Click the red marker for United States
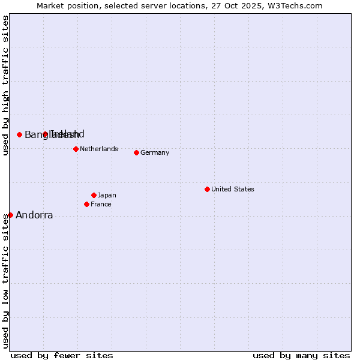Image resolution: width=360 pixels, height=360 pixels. click(207, 189)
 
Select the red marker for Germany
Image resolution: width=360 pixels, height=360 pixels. click(136, 152)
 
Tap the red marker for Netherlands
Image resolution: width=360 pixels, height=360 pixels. click(76, 149)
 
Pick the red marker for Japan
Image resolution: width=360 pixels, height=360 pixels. click(94, 195)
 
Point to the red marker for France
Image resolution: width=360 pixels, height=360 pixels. click(86, 204)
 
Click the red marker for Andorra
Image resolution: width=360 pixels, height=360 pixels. click(10, 215)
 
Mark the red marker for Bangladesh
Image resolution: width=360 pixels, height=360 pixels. click(19, 134)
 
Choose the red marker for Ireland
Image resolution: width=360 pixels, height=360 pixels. click(45, 134)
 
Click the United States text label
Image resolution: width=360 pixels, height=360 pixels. click(232, 189)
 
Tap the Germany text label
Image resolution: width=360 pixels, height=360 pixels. click(155, 152)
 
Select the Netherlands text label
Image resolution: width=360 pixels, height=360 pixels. click(98, 149)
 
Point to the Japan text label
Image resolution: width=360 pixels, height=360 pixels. click(107, 195)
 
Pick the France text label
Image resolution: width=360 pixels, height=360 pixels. click(101, 204)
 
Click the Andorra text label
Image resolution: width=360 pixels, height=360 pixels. click(34, 215)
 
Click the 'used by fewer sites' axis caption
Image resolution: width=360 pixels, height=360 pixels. click(62, 355)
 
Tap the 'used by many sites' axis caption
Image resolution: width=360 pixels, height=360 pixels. click(301, 355)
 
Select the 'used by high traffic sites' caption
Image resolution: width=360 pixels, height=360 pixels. click(5, 85)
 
